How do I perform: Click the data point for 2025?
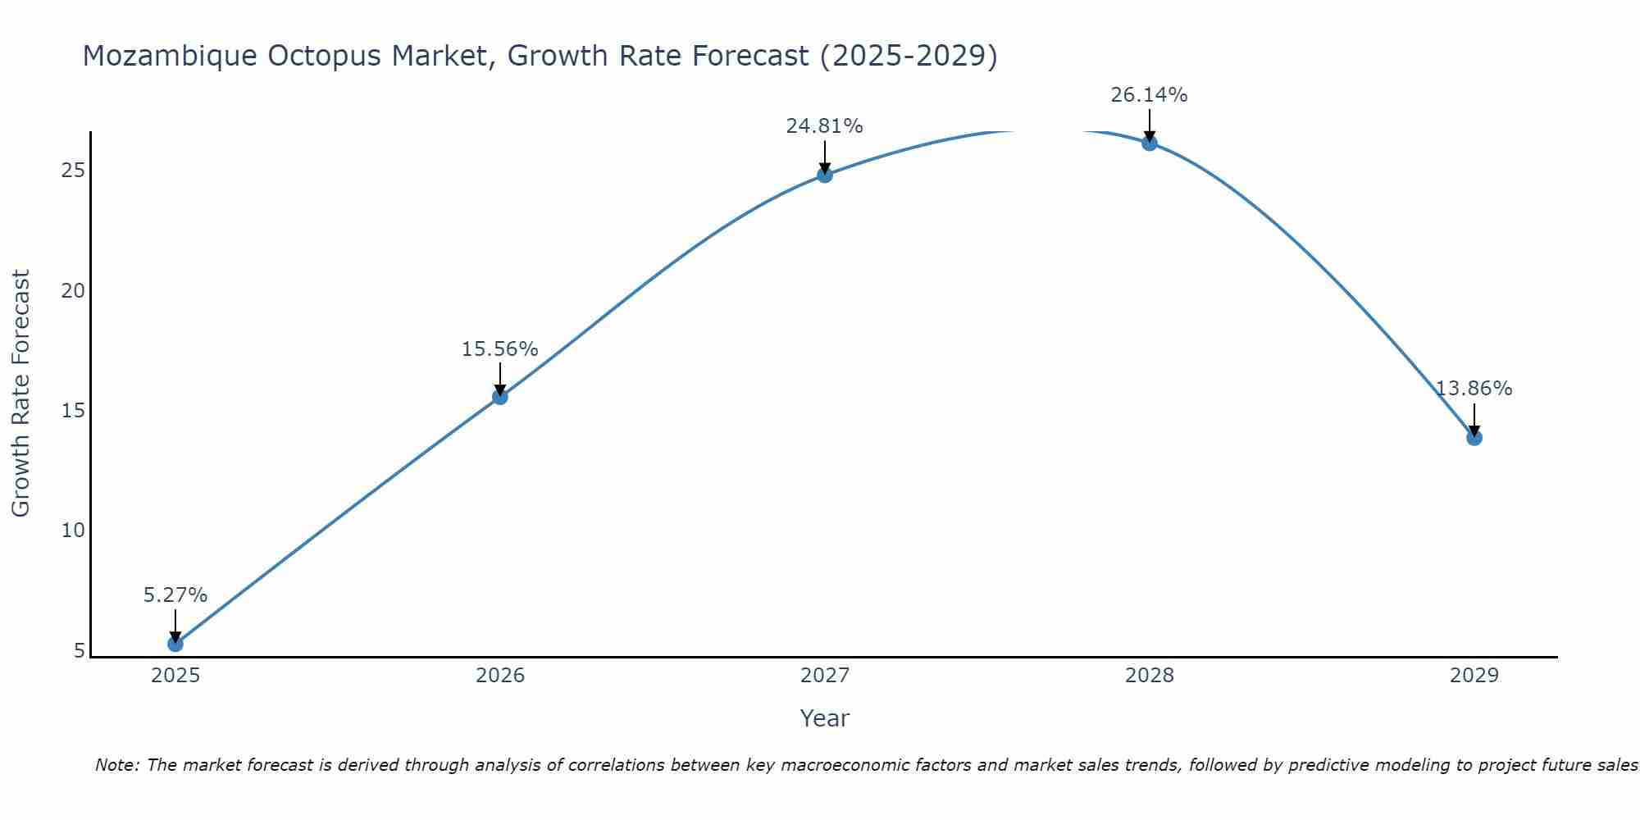click(x=175, y=644)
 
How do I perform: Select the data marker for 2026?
click(x=500, y=397)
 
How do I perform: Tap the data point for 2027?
click(x=825, y=175)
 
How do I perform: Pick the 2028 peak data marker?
click(x=1150, y=143)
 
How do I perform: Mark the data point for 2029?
click(x=1474, y=438)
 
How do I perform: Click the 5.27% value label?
click(x=175, y=595)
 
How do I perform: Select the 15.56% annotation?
click(x=500, y=349)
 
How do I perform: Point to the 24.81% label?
click(x=825, y=126)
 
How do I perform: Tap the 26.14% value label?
click(x=1150, y=95)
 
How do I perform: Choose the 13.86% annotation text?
click(x=1474, y=389)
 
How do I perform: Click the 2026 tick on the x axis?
click(x=500, y=676)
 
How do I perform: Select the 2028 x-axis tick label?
click(x=1150, y=676)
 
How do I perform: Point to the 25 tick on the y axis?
click(x=73, y=171)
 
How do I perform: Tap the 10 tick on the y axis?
click(x=73, y=531)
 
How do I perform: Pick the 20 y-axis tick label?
click(x=73, y=291)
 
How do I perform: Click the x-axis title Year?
click(x=825, y=718)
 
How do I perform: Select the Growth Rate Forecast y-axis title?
click(x=20, y=394)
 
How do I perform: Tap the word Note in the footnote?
click(x=116, y=765)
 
